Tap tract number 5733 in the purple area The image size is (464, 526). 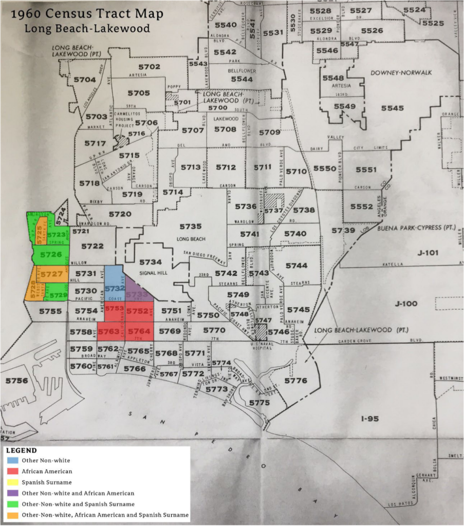point(137,294)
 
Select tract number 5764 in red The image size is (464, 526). point(139,331)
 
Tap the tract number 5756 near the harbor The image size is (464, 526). point(16,381)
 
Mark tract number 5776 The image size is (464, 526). point(295,381)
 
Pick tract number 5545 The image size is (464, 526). point(392,108)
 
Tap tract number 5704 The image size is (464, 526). point(85,80)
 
